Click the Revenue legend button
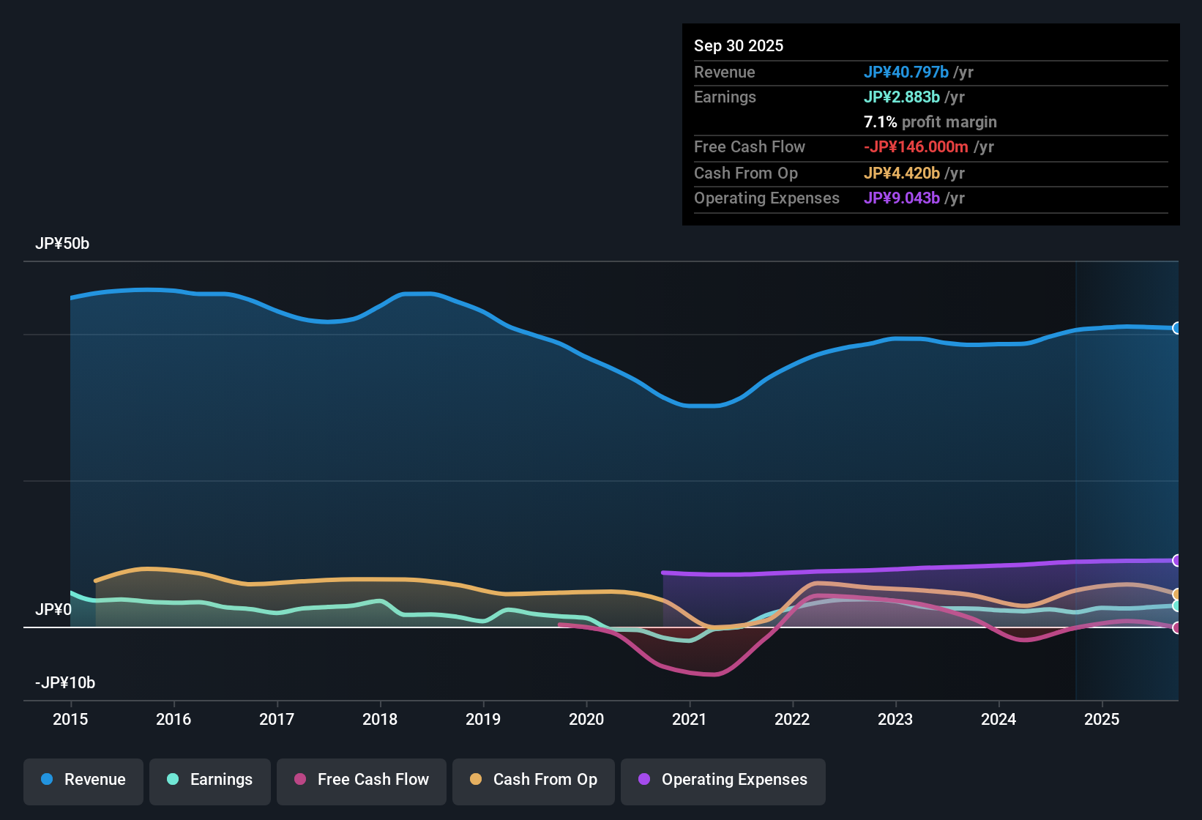[83, 780]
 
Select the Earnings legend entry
[210, 780]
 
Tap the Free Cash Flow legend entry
[362, 780]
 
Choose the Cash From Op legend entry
[534, 780]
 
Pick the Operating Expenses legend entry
[723, 780]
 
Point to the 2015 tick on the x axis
[70, 719]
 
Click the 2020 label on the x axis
[586, 719]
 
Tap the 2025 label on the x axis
[1102, 719]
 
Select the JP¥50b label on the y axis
[62, 244]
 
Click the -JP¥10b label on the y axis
[65, 683]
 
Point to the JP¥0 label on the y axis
[53, 610]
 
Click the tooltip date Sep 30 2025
[739, 45]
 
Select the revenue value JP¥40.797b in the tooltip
[906, 72]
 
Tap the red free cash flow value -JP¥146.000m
[917, 147]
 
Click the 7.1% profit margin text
[930, 122]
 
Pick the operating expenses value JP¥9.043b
[902, 198]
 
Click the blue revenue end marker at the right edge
[1176, 328]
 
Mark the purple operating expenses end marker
[1176, 561]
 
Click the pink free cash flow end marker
[1176, 627]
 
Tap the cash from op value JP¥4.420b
[902, 174]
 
